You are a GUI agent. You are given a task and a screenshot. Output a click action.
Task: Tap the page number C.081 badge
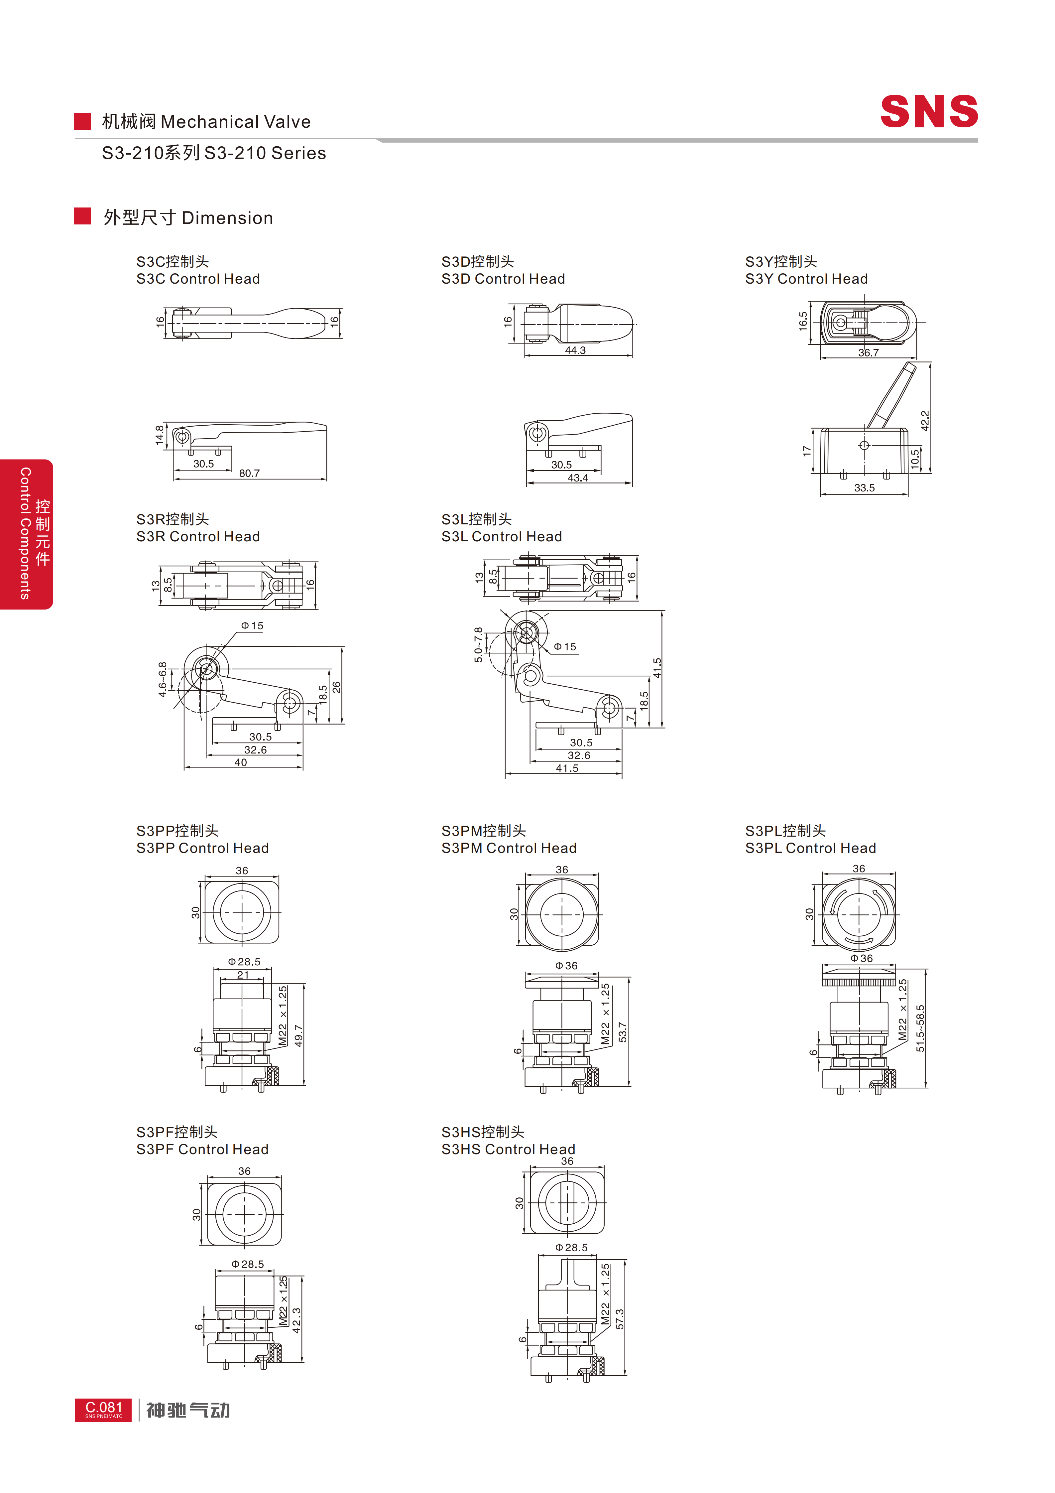coord(103,1410)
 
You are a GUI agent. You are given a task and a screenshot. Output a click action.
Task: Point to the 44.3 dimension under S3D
coord(575,350)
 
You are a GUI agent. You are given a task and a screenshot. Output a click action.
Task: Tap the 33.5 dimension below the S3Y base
coord(865,488)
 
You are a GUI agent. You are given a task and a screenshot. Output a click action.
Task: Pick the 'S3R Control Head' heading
coord(198,536)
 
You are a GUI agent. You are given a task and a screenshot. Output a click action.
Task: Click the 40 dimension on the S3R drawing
coord(241,762)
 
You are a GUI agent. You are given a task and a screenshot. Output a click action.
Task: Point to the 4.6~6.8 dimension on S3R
coord(163,680)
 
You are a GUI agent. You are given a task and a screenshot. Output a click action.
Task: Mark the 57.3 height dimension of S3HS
coord(620,1319)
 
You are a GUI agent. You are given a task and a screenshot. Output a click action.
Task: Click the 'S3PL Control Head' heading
coord(811,848)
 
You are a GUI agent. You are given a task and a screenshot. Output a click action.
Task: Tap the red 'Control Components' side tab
coord(26,534)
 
